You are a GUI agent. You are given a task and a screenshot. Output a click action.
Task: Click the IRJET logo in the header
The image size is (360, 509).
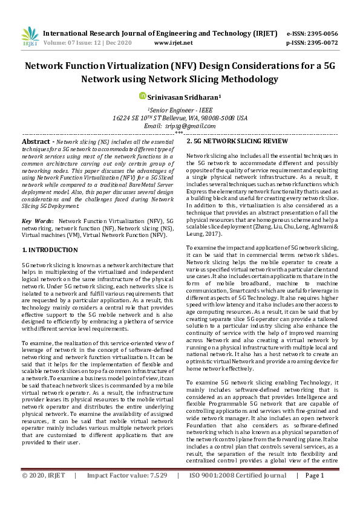30,37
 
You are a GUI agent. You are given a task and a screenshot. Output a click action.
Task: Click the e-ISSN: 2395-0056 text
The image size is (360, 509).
312,33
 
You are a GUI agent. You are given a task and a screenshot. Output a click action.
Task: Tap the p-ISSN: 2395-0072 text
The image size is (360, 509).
312,43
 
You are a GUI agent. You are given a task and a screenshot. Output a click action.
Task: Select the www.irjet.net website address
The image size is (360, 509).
174,43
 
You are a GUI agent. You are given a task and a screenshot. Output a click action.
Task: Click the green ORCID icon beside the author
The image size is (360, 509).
143,96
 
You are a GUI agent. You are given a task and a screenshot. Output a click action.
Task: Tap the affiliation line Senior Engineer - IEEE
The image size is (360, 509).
180,109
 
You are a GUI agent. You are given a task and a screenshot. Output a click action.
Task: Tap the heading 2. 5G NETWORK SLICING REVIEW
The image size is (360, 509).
237,141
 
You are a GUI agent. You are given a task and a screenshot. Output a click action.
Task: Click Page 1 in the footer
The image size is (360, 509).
315,492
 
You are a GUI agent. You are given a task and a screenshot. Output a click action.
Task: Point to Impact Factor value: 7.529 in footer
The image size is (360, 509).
127,492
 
